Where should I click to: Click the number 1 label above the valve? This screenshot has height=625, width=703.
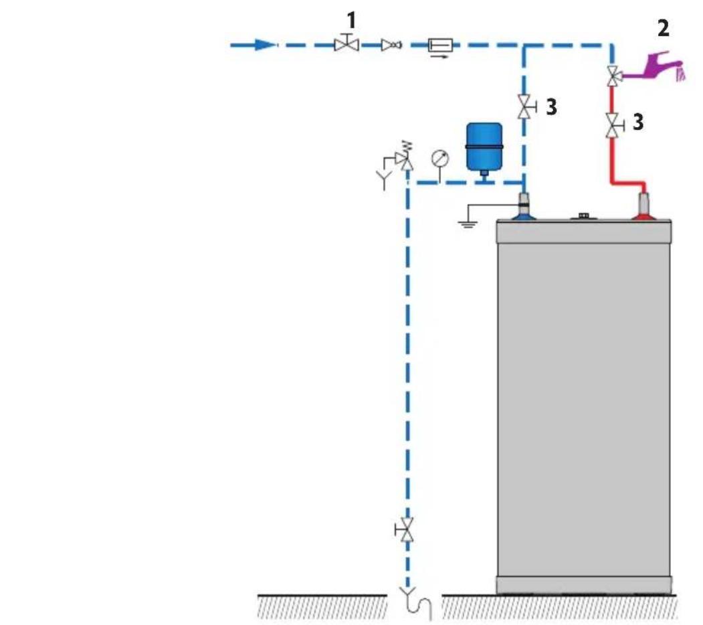click(x=352, y=21)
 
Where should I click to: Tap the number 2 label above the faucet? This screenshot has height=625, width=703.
click(x=663, y=28)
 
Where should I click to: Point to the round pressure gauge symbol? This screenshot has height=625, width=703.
click(x=440, y=159)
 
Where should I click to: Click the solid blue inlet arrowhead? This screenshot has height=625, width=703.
click(x=264, y=45)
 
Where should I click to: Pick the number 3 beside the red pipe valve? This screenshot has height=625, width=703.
click(x=638, y=122)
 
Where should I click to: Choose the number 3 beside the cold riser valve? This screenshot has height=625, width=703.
click(x=551, y=107)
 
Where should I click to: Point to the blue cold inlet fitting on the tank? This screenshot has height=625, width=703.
click(x=524, y=207)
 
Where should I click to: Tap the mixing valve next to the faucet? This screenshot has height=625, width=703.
click(x=613, y=76)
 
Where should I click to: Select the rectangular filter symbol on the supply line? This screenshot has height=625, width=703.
click(x=440, y=45)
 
